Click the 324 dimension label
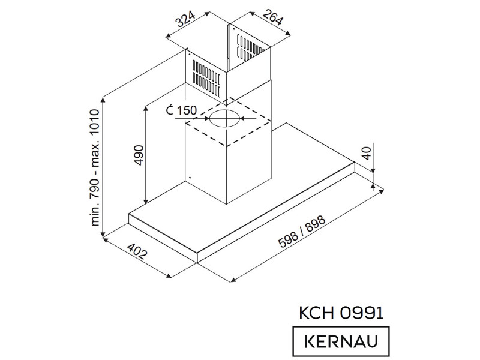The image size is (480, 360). pyautogui.click(x=185, y=20)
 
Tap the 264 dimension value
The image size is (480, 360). pyautogui.click(x=272, y=17)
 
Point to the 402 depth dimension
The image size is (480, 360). pyautogui.click(x=137, y=251)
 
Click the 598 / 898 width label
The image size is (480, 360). pyautogui.click(x=302, y=231)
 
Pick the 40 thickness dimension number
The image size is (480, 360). pyautogui.click(x=367, y=153)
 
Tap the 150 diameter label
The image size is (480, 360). pyautogui.click(x=186, y=110)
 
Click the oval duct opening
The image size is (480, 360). pyautogui.click(x=224, y=118)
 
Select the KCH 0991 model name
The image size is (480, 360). pyautogui.click(x=341, y=313)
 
